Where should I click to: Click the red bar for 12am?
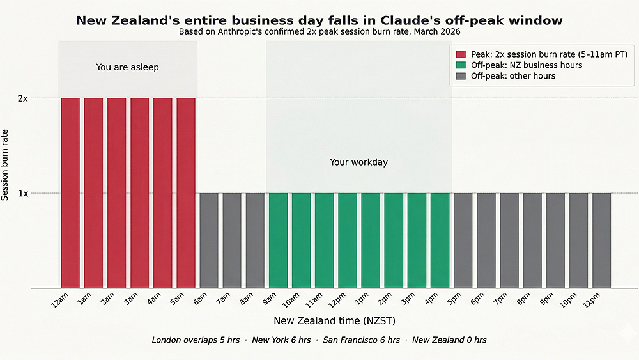pyautogui.click(x=70, y=192)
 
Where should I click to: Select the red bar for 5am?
pyautogui.click(x=186, y=192)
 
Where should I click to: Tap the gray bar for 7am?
pyautogui.click(x=232, y=240)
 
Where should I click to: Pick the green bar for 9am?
pyautogui.click(x=278, y=240)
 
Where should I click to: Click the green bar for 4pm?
pyautogui.click(x=440, y=240)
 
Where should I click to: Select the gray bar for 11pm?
pyautogui.click(x=601, y=240)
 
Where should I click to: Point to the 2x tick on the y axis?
pyautogui.click(x=22, y=98)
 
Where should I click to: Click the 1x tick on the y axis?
pyautogui.click(x=22, y=193)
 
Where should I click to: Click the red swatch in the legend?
pyautogui.click(x=461, y=54)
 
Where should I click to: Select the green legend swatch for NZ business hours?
pyautogui.click(x=461, y=65)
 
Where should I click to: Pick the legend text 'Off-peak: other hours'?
pyautogui.click(x=513, y=76)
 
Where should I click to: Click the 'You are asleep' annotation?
pyautogui.click(x=127, y=67)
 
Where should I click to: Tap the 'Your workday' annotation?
pyautogui.click(x=358, y=162)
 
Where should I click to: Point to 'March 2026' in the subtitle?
pyautogui.click(x=441, y=31)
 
